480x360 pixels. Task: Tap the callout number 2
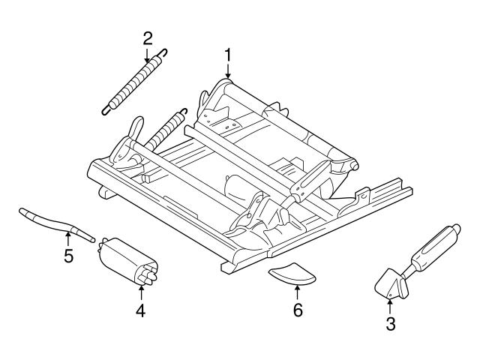pyautogui.click(x=148, y=37)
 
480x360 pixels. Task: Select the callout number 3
pyautogui.click(x=390, y=324)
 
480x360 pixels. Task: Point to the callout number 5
pyautogui.click(x=68, y=257)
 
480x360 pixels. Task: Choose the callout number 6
pyautogui.click(x=298, y=310)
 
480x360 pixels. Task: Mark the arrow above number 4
pyautogui.click(x=141, y=291)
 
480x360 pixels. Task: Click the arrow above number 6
pyautogui.click(x=298, y=292)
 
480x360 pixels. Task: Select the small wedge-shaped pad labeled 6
pyautogui.click(x=292, y=274)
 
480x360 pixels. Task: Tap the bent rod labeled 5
pyautogui.click(x=56, y=223)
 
